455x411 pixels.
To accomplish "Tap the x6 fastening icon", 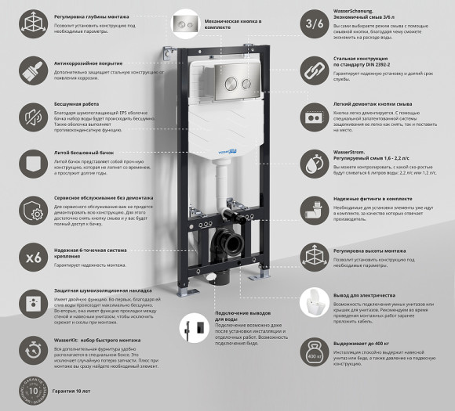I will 33,257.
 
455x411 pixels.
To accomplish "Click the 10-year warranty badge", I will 31,388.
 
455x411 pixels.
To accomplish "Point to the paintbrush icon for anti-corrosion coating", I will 33,71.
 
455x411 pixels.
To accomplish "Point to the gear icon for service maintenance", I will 33,211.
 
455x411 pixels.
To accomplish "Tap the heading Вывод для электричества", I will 368,294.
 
